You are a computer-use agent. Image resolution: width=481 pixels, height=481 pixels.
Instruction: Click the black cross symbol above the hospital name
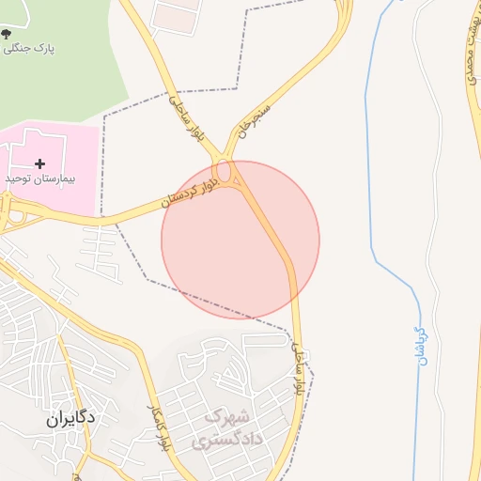(39, 163)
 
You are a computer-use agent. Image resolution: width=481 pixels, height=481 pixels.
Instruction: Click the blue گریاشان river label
(421, 345)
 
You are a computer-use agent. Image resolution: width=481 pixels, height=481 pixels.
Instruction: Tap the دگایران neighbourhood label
(71, 419)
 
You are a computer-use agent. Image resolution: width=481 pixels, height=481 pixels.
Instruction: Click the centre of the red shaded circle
(240, 240)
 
